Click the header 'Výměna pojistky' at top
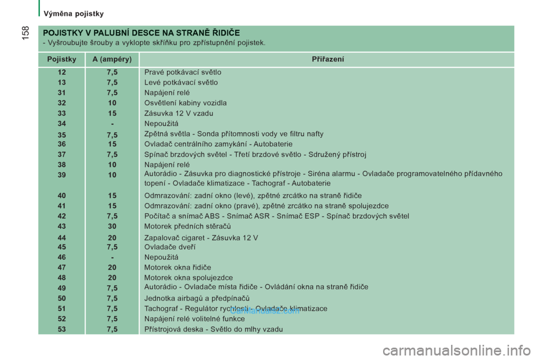73,13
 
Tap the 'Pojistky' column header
61,59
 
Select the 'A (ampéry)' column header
112,59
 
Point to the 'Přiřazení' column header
328,59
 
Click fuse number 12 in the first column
61,72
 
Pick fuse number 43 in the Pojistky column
61,226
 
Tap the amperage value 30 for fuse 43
112,226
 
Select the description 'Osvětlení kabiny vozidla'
185,103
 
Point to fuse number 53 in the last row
61,329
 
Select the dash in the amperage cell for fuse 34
112,123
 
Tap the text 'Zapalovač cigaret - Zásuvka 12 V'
201,237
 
